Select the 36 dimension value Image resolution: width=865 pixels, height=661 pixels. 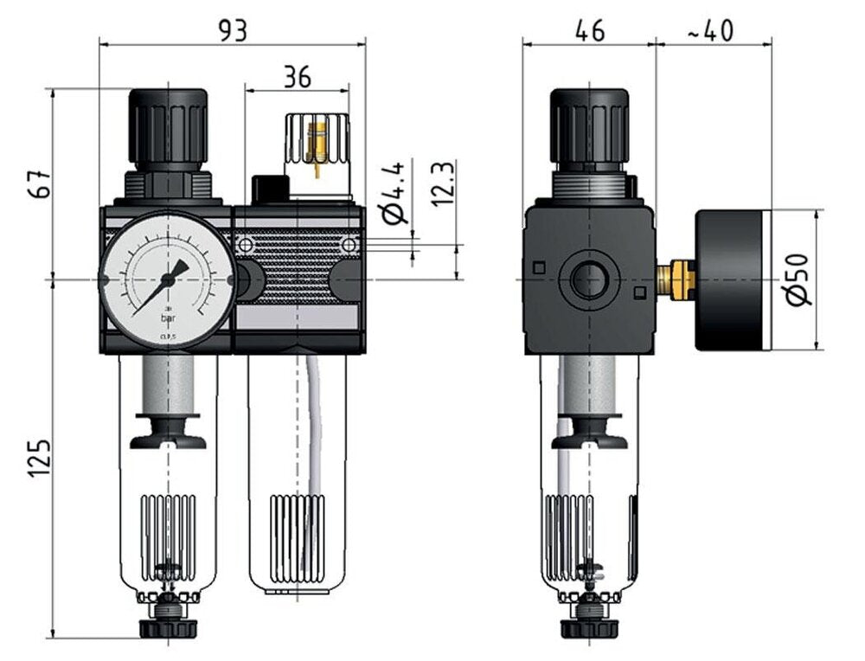[297, 77]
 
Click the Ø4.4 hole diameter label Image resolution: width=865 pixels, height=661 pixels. [394, 202]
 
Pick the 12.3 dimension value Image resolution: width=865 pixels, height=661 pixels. [444, 183]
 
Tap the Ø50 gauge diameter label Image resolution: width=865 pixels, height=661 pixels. [800, 279]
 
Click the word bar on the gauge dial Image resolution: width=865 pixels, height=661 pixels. [167, 318]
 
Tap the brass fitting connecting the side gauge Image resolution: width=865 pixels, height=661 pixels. [676, 279]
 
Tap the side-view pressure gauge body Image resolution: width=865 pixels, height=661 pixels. [732, 279]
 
